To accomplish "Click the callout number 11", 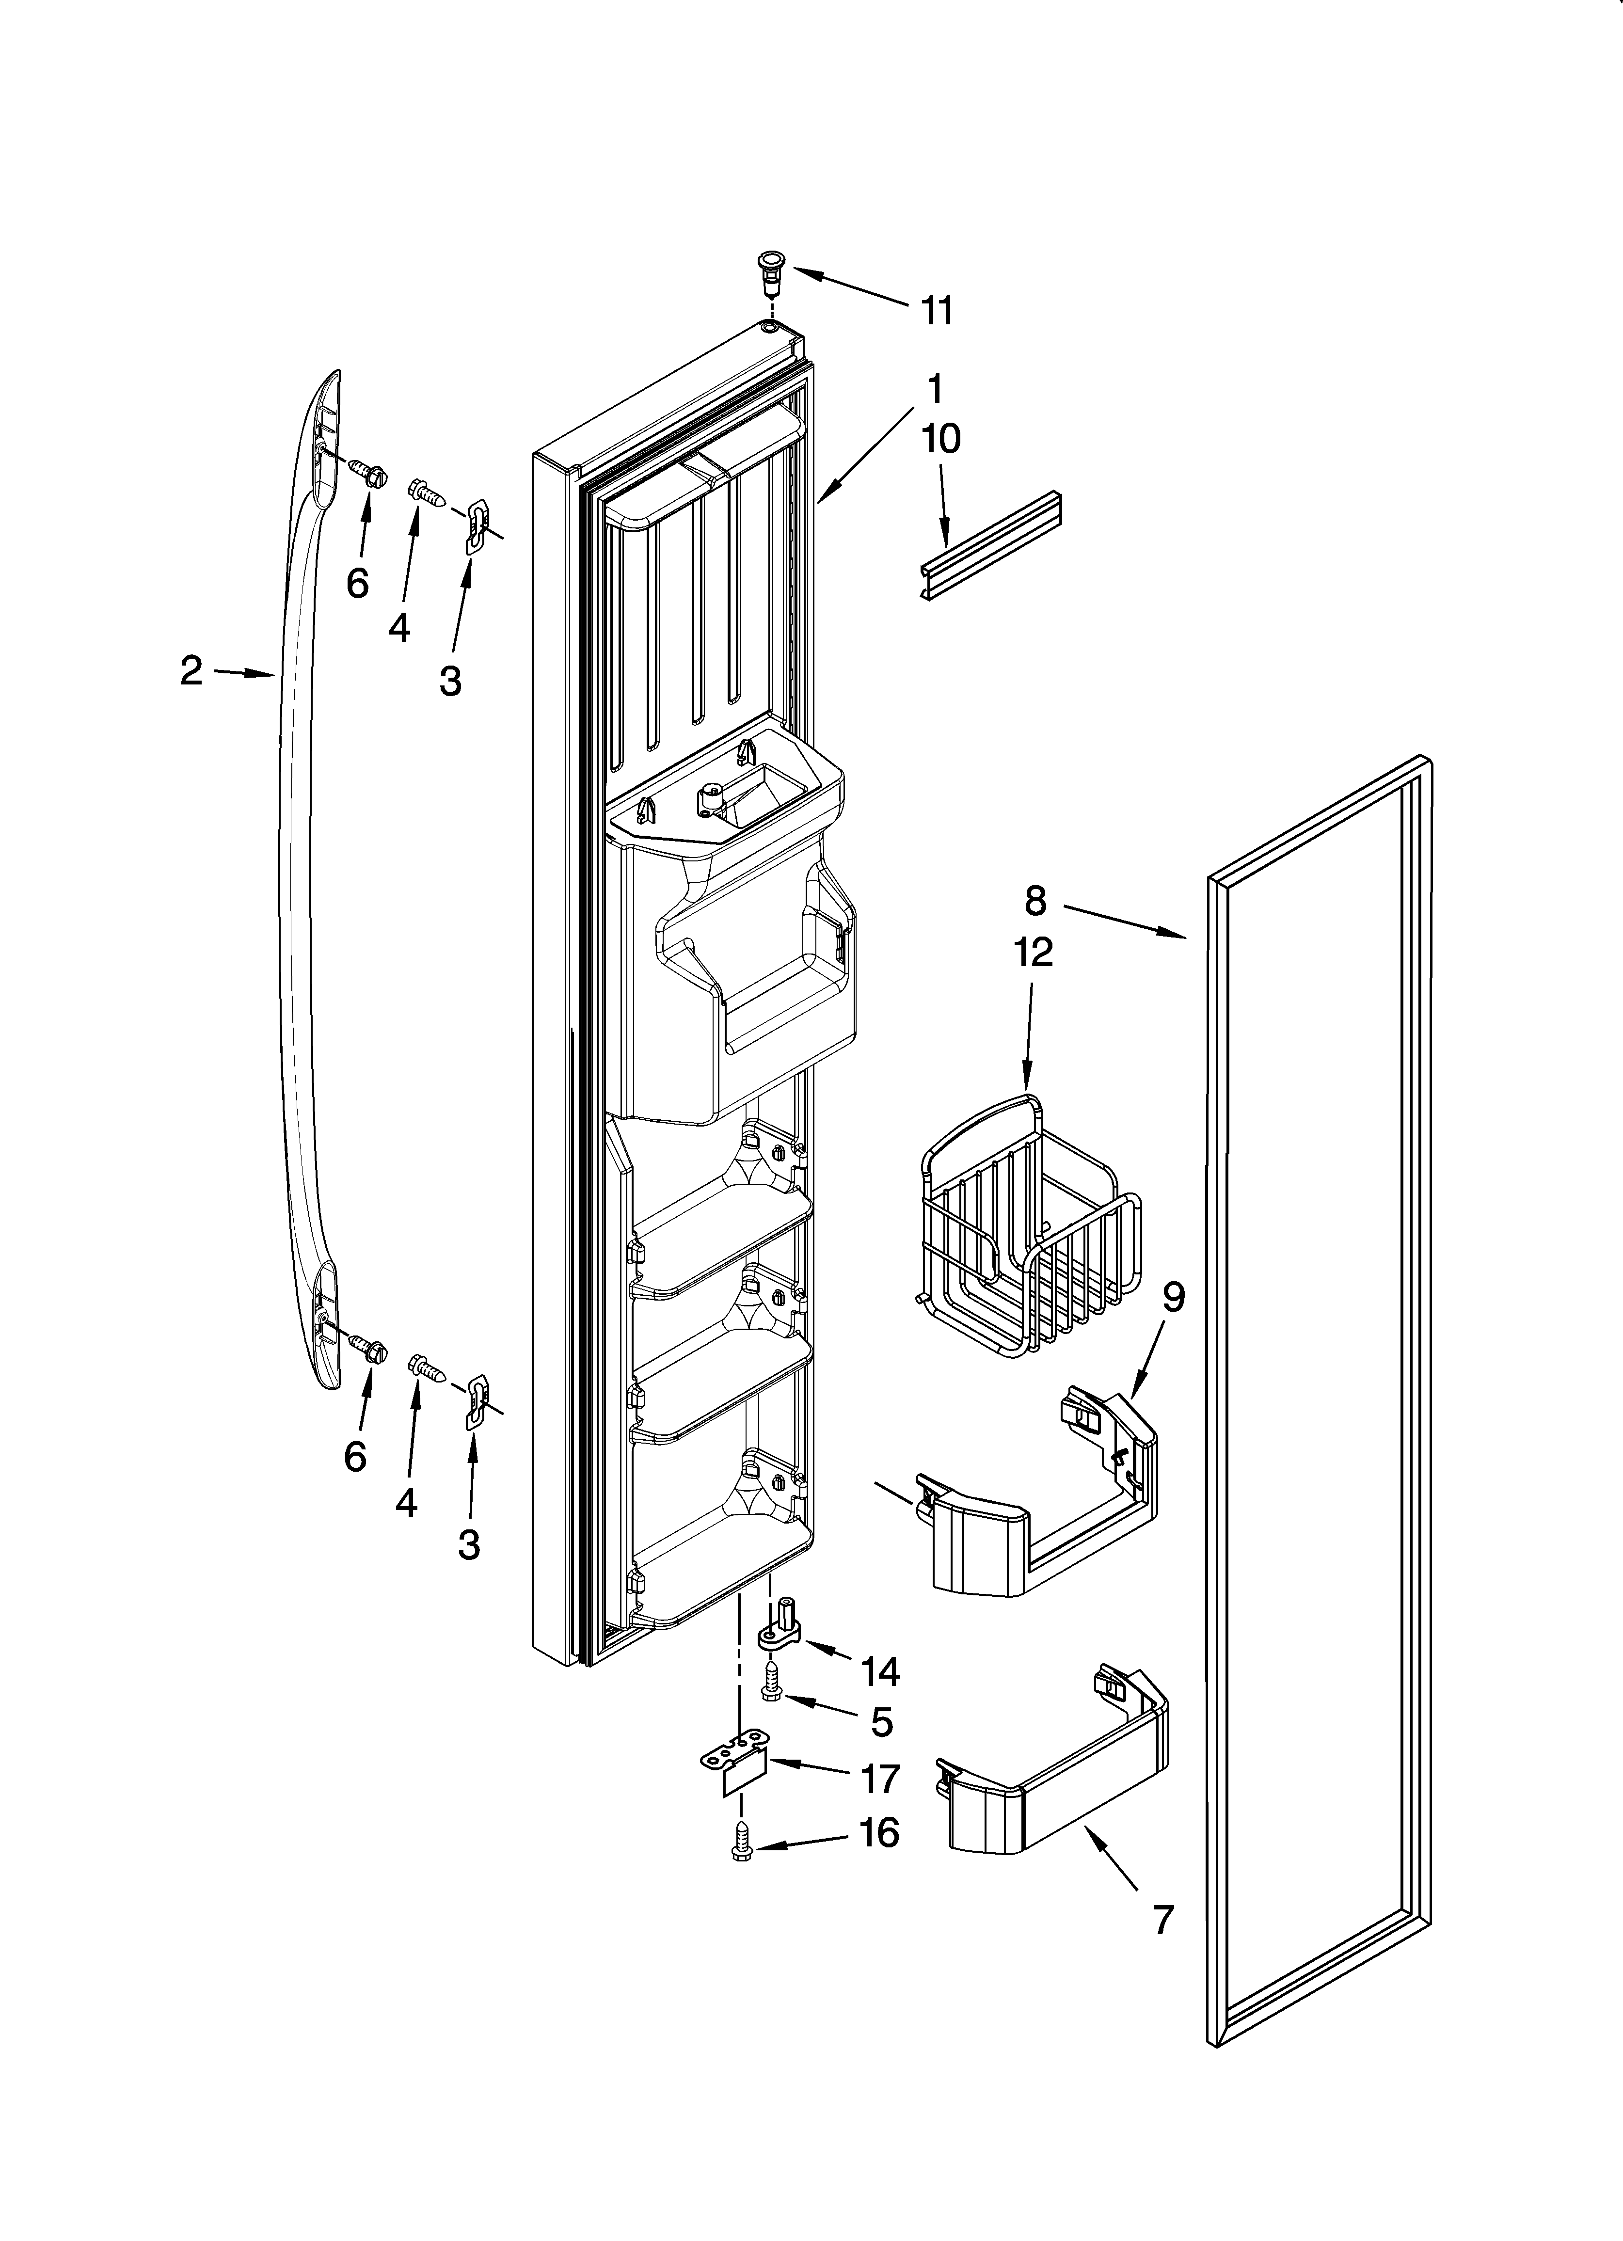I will [936, 311].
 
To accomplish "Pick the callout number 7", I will [1162, 1920].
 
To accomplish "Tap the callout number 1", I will [933, 385].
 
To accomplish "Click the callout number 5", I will [882, 1721].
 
